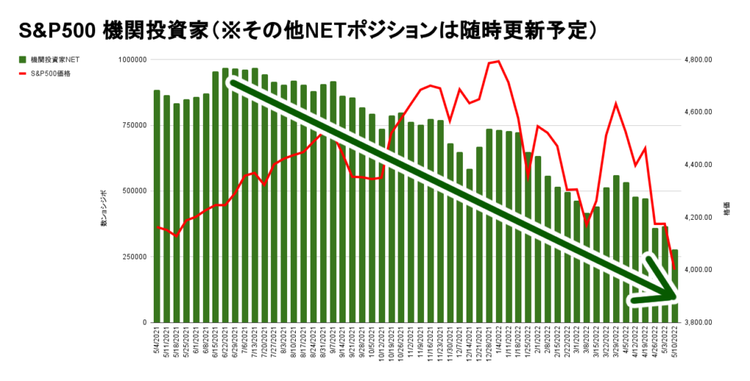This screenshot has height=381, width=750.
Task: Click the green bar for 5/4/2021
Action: [157, 206]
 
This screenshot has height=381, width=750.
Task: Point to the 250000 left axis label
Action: [133, 256]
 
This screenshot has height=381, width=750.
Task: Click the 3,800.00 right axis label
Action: [697, 322]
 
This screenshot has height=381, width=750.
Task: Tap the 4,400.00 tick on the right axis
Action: [697, 165]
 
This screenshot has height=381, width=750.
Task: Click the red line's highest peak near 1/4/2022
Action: [499, 62]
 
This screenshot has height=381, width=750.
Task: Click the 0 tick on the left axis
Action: [144, 322]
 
